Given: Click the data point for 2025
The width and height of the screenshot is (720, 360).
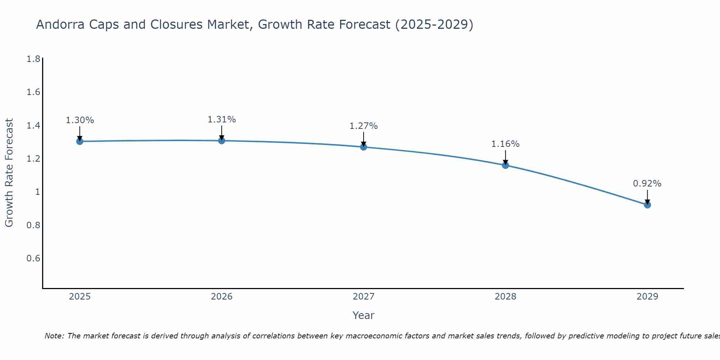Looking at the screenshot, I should (80, 141).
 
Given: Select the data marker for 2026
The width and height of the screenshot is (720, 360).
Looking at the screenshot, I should (222, 140).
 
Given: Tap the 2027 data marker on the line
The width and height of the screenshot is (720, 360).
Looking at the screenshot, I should (364, 147).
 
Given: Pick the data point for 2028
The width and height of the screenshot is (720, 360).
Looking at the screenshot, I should (505, 165).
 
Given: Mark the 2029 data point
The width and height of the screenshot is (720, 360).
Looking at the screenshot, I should (647, 205).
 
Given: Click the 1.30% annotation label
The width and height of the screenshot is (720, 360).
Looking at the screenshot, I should (80, 120).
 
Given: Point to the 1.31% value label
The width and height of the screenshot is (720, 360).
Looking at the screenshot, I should (222, 120).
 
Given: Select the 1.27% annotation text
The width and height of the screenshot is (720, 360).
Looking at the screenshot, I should (364, 126).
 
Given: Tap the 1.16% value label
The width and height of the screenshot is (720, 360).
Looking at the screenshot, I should (505, 144).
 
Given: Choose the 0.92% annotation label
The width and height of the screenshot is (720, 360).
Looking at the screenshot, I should (647, 184).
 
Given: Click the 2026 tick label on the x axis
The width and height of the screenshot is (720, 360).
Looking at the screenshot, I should (222, 297).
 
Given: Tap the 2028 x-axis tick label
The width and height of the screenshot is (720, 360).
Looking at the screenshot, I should (505, 297).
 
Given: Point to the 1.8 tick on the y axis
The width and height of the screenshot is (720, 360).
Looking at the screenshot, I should (33, 59).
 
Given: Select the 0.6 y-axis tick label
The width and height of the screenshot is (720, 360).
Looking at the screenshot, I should (33, 258).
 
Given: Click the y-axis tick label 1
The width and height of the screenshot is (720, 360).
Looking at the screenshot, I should (37, 192).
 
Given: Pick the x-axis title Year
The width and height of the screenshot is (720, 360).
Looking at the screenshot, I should (364, 315).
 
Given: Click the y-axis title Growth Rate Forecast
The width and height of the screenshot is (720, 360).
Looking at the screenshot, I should (9, 173).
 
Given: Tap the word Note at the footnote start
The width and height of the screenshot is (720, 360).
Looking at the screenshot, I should (54, 336).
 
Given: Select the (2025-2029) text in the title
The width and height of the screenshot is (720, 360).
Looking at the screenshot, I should (434, 24).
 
